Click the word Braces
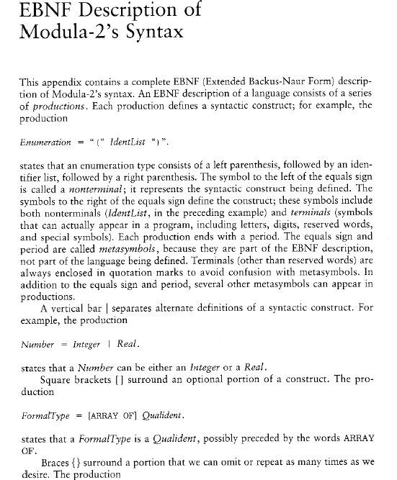57,461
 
